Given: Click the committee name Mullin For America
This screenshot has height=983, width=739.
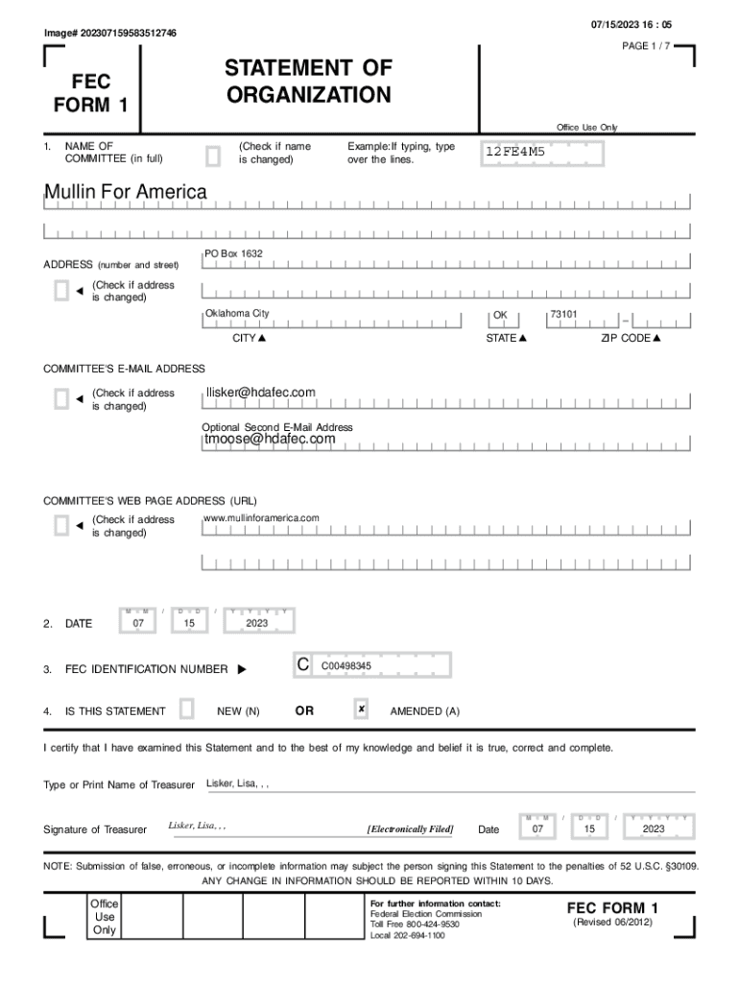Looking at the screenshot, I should (126, 192).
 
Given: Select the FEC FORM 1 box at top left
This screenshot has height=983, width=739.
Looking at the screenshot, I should (95, 91).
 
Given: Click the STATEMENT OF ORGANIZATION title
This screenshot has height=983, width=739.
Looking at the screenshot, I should (308, 82).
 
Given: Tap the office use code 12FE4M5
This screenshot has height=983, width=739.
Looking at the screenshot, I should (514, 152).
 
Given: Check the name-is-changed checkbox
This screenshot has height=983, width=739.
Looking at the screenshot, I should (213, 155).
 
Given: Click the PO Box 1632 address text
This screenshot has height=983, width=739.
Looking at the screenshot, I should (233, 253).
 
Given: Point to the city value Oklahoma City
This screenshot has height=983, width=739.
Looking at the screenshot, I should (237, 314).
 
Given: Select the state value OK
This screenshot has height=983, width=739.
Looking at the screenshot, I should (500, 315).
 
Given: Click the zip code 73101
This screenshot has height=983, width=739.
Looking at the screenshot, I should (563, 314).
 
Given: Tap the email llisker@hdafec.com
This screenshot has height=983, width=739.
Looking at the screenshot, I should (260, 392).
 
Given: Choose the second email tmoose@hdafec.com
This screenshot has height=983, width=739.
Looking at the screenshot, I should (270, 439).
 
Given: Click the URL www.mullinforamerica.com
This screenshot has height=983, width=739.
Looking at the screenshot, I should (261, 518).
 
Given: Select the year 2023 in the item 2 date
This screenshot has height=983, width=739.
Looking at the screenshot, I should (256, 623).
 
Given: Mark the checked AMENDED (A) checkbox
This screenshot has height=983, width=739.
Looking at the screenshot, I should (361, 709).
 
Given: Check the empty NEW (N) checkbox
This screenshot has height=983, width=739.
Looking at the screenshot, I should (187, 709).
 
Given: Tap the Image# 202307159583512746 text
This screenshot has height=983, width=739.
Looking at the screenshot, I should (110, 34).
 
